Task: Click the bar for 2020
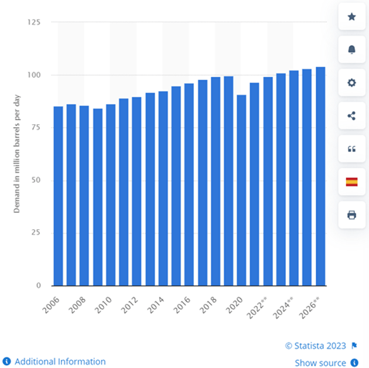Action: [241, 190]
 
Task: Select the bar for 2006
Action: [58, 196]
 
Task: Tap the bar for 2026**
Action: [320, 176]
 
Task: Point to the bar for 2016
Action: [189, 185]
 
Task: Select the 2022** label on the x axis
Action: [258, 308]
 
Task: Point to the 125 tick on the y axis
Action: [37, 22]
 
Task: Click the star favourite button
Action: [351, 17]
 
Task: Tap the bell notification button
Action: [351, 50]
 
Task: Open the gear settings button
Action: [351, 83]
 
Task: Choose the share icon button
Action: [351, 115]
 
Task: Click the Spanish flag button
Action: [351, 182]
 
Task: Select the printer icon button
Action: [351, 215]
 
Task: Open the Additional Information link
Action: [60, 362]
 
